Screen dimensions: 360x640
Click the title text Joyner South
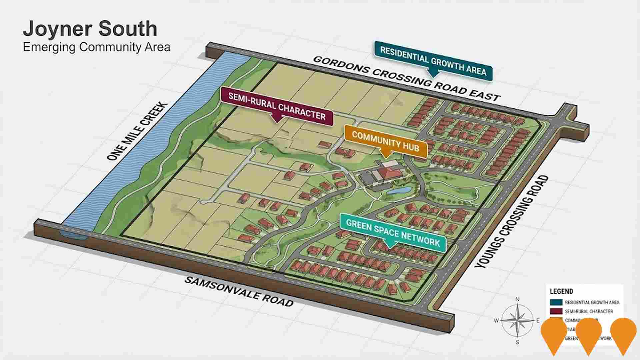pos(90,29)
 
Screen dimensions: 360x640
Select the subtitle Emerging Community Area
pos(96,47)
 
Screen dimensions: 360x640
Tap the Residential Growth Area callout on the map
pos(433,60)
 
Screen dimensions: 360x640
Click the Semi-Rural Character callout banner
pos(277,106)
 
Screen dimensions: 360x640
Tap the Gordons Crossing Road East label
pos(406,78)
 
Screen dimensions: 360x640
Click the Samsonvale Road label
pos(239,291)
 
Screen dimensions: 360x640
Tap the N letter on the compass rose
pos(518,299)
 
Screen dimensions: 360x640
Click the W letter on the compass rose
pos(496,321)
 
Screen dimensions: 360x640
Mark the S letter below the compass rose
pos(518,342)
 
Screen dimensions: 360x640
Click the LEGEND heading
pos(561,291)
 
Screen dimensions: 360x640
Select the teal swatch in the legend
pos(556,302)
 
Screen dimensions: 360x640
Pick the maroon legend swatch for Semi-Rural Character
pos(556,311)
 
